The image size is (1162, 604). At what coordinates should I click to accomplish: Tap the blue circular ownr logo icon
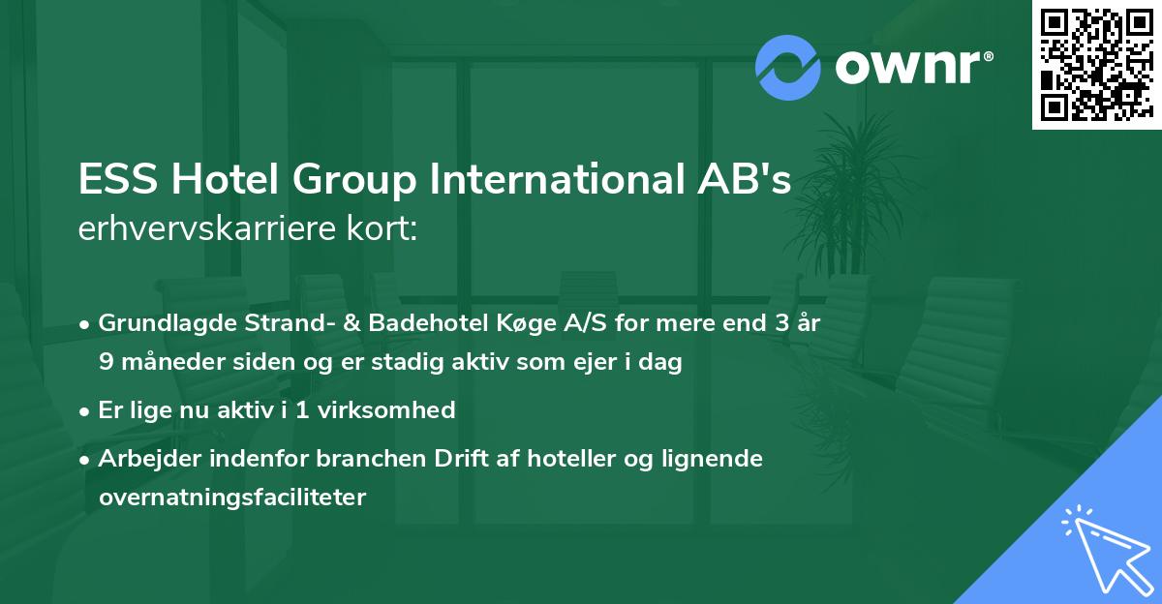click(788, 67)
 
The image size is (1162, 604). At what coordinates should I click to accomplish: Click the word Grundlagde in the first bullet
click(157, 323)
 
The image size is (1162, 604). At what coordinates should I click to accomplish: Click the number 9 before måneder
click(106, 362)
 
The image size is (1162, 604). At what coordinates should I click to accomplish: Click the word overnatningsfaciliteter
click(232, 498)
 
